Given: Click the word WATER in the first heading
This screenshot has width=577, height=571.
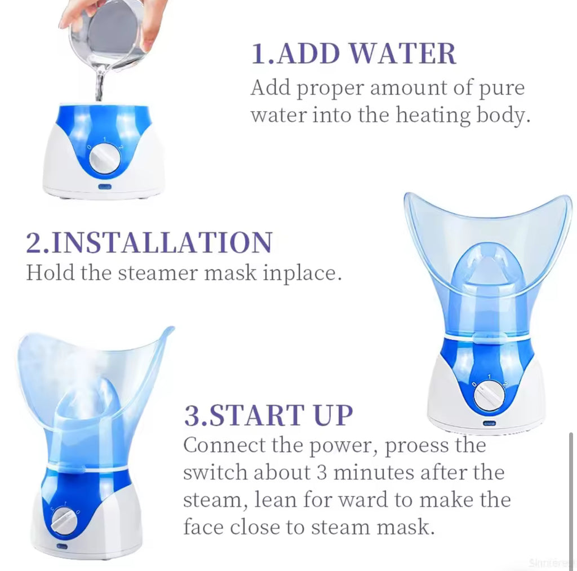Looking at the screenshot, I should pyautogui.click(x=402, y=54).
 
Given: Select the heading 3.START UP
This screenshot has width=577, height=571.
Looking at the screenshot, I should pyautogui.click(x=268, y=415).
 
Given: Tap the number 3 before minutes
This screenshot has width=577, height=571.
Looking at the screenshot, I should pyautogui.click(x=323, y=472).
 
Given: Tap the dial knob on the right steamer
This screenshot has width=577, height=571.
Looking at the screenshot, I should pyautogui.click(x=488, y=395).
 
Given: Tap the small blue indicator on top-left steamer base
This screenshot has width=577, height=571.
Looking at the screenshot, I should pyautogui.click(x=105, y=187).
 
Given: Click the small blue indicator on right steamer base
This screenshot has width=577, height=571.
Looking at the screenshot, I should pyautogui.click(x=488, y=422).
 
